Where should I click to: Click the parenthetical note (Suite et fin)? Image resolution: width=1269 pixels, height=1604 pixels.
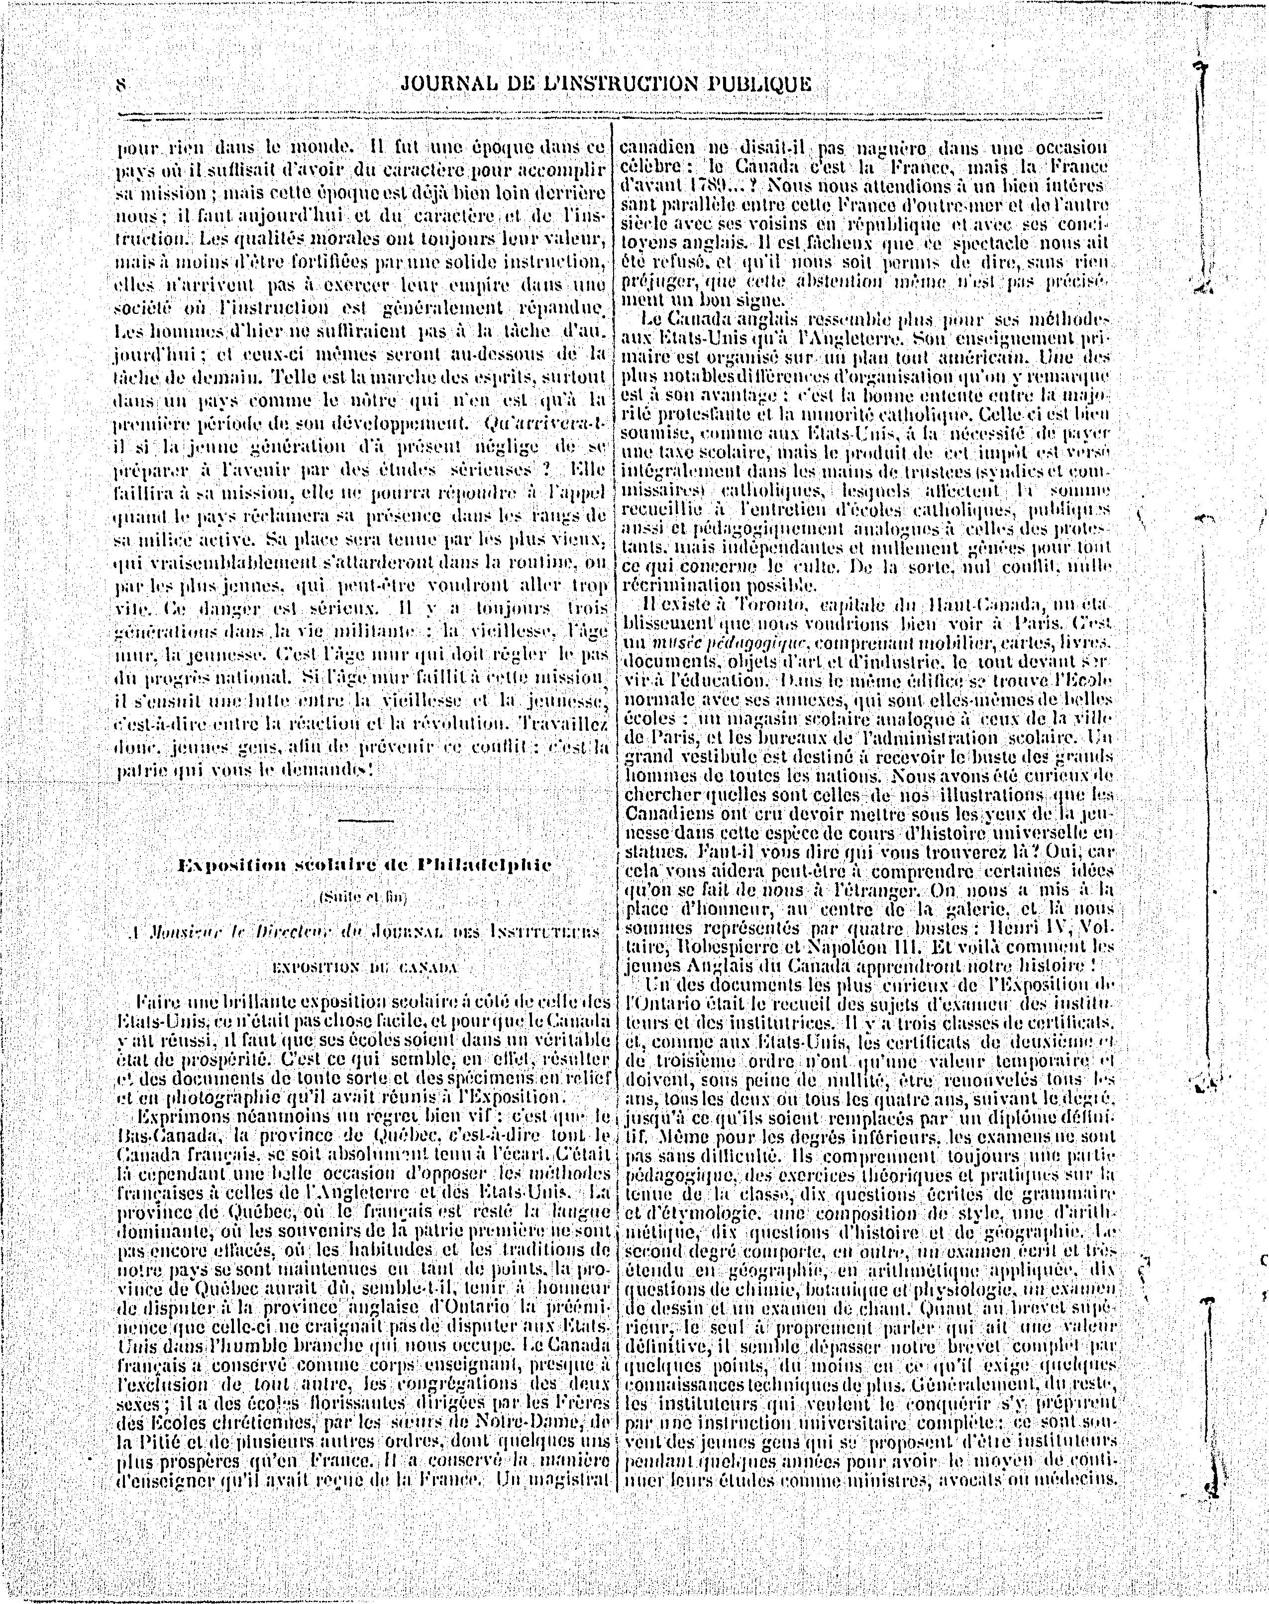click(x=363, y=897)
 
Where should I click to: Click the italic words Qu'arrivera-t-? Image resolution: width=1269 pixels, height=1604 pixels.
click(x=546, y=426)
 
